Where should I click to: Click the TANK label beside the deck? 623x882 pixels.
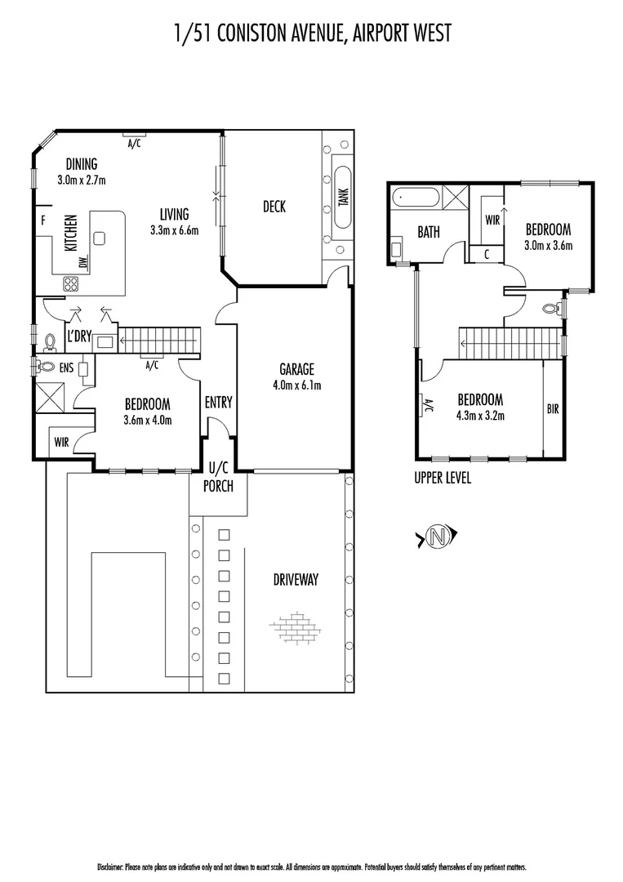coord(343,197)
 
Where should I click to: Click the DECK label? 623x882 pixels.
coord(274,207)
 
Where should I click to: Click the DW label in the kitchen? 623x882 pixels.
coord(82,263)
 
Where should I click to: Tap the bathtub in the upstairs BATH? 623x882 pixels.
coord(415,198)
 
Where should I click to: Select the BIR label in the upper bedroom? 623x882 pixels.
coord(553,409)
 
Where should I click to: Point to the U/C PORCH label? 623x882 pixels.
coord(220,479)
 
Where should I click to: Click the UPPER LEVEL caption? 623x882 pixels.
coord(443,479)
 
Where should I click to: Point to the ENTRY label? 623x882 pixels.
coord(219,402)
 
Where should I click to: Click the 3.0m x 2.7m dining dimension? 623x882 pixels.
coord(82,179)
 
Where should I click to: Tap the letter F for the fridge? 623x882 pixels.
coord(42,219)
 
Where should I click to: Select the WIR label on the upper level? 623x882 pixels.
coord(492,220)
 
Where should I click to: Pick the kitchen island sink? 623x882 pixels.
coord(100,238)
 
